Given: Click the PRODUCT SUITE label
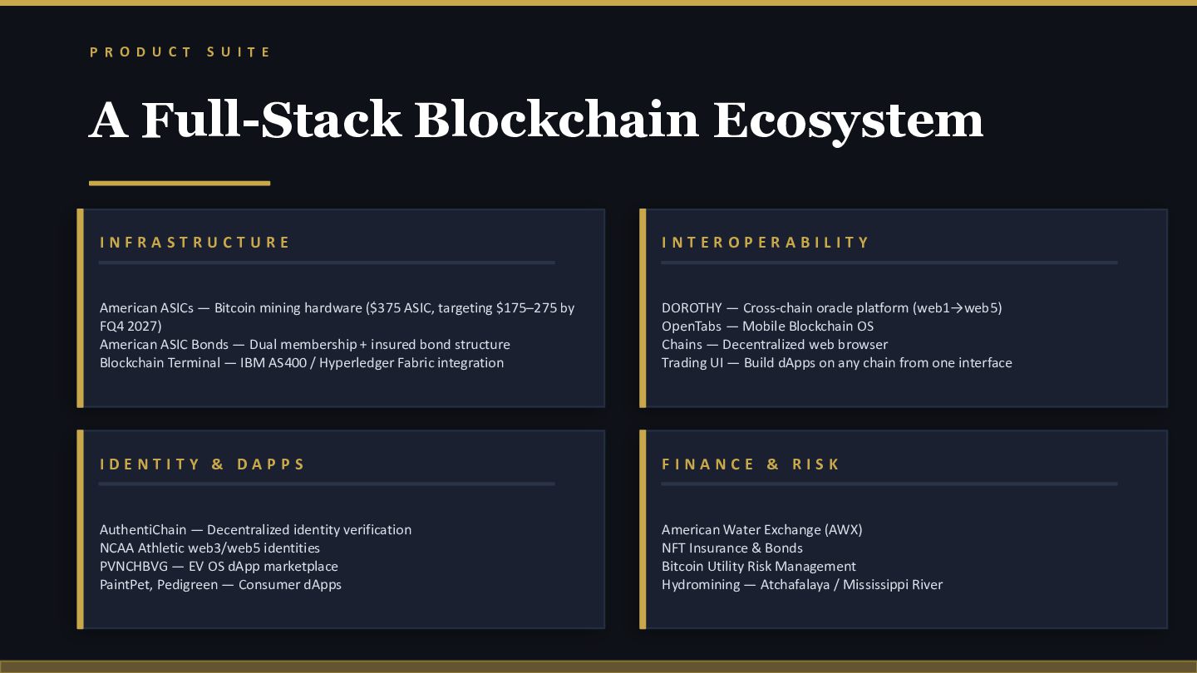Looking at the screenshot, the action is (180, 52).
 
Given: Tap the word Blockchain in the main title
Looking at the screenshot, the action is (556, 120).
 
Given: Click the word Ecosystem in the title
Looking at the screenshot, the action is (848, 122).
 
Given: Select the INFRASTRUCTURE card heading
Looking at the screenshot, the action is (195, 243).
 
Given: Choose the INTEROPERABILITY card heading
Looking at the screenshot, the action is (766, 243).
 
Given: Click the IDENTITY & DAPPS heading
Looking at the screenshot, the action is (202, 464).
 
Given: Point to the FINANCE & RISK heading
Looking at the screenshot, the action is (751, 464).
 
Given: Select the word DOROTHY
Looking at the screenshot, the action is (692, 308).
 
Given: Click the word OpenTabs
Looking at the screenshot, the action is (692, 327).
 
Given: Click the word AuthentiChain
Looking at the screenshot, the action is (143, 530).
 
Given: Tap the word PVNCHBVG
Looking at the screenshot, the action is (134, 566).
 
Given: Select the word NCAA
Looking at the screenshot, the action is (116, 548).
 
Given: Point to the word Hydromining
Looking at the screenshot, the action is (701, 585).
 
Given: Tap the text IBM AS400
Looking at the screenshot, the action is (273, 363).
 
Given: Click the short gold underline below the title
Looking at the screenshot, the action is (180, 183).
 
